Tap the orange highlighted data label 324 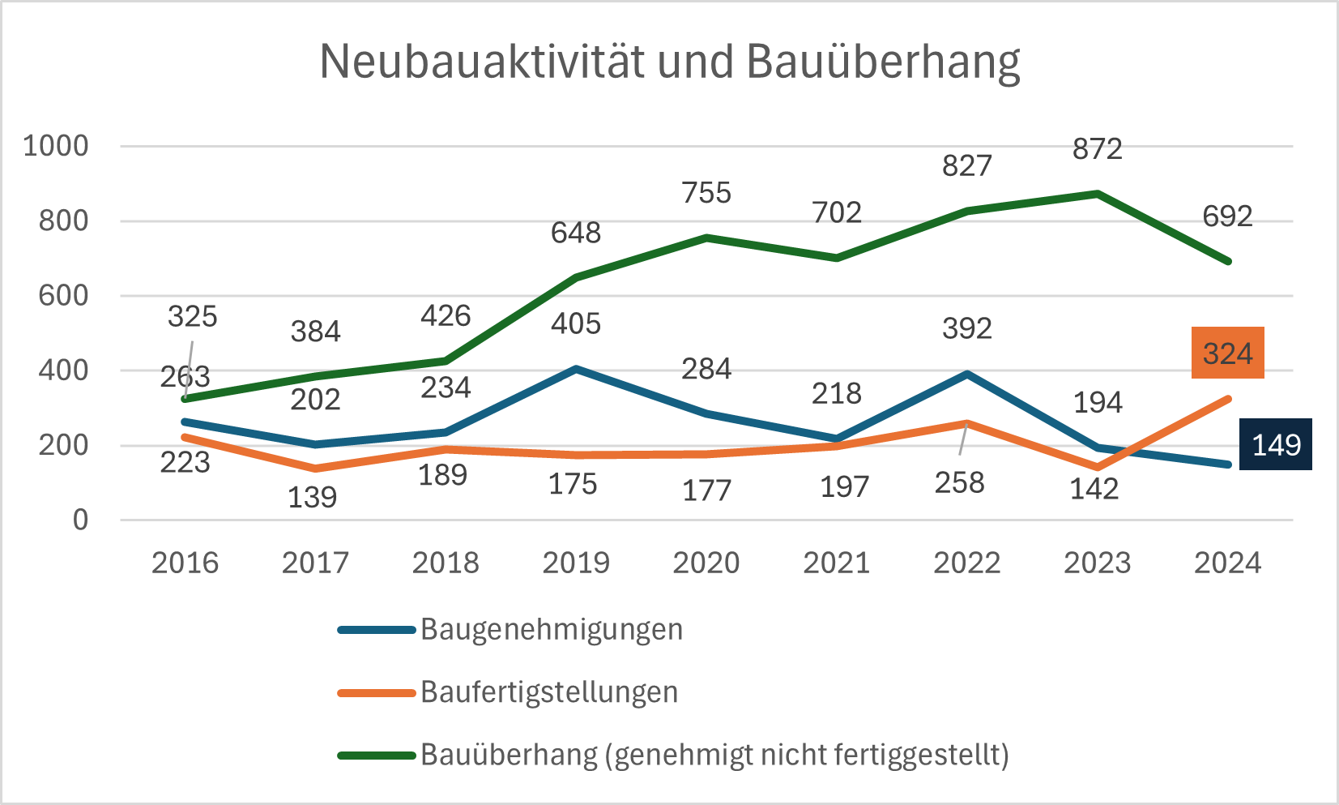coord(1227,353)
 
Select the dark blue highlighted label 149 coord(1276,444)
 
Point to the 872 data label coord(1097,149)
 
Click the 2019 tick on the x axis coord(575,563)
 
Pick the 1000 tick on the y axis coord(56,146)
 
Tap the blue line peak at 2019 coord(575,369)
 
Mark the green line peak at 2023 coord(1097,194)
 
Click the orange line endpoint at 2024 coord(1228,399)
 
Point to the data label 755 coord(706,193)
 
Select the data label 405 coord(575,323)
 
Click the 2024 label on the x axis coord(1227,563)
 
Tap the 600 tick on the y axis coord(63,296)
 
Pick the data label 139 coord(312,497)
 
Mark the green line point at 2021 coord(837,258)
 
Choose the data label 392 coord(966,328)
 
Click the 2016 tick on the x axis coord(185,563)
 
